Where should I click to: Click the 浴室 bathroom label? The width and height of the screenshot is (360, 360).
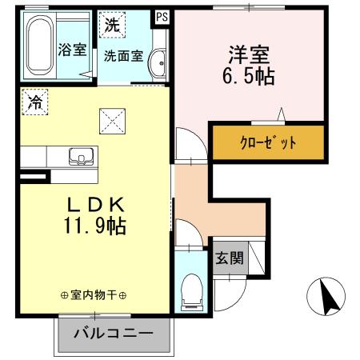[72, 50]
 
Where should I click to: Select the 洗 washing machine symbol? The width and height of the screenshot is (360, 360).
[112, 24]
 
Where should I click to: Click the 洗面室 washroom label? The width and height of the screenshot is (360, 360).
[123, 56]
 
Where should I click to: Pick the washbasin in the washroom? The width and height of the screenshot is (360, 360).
[158, 61]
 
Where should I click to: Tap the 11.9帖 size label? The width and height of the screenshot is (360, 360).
[94, 226]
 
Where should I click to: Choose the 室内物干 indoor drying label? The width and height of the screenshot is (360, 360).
[94, 295]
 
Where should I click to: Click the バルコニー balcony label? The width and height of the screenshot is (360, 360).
[114, 334]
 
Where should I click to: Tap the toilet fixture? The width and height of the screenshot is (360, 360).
[192, 291]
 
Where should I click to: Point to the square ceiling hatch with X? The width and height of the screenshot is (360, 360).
[112, 122]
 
